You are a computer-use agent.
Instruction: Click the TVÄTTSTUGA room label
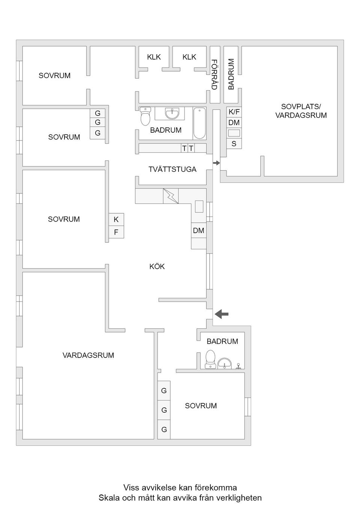pos(172,169)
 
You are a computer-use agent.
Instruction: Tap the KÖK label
pos(157,266)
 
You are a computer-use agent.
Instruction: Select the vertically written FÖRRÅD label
pos(214,74)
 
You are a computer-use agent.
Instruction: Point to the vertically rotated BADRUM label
pos(231,74)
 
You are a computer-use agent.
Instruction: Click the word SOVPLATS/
pos(301,106)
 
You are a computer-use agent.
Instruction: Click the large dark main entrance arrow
pos(222,314)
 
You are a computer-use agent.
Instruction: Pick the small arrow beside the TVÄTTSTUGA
pos(216,163)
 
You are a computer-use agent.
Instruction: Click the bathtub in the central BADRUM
pos(199,123)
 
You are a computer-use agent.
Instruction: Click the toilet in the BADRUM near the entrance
pos(210,359)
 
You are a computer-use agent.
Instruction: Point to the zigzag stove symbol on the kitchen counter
pos(171,196)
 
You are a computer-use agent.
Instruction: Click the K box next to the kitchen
pos(116,219)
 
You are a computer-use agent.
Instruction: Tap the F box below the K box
pos(116,232)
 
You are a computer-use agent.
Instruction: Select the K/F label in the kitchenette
pos(234,112)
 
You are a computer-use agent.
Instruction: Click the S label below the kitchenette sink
pos(234,144)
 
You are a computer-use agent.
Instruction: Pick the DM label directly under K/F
pos(234,123)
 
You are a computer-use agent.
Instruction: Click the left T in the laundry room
pos(184,148)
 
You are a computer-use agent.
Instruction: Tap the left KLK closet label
pos(154,57)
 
